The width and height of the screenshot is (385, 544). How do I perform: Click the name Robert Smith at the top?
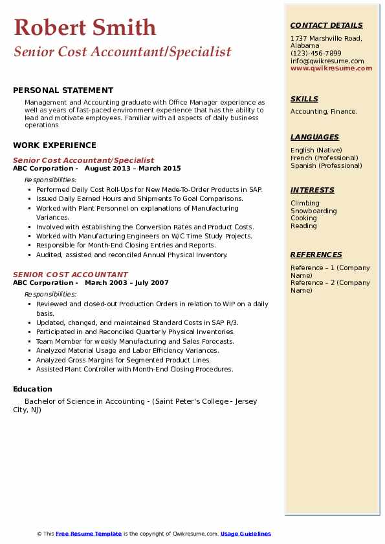coord(85,28)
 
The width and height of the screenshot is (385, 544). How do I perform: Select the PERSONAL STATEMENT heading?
coord(63,90)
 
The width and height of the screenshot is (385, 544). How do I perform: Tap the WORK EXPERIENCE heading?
coord(54,145)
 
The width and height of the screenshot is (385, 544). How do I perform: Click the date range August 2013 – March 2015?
coord(133,168)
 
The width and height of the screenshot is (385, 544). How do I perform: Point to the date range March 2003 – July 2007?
coord(126,282)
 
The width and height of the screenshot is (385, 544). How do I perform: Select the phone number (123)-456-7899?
coord(316,54)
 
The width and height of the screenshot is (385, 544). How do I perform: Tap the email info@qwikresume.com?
coord(327,61)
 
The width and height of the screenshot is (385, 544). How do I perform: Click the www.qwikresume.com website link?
coord(331,68)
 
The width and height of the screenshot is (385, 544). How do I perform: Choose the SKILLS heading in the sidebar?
coord(304,99)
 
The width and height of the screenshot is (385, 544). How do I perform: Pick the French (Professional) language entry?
coord(324,158)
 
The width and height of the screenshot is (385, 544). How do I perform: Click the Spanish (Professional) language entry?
coord(325,166)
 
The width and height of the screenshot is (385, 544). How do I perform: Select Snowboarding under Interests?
coord(313,211)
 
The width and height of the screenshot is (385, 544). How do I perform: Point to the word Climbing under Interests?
coord(305,204)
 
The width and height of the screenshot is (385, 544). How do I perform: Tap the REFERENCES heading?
coord(316,255)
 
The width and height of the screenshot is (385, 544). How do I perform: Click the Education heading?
coord(32,389)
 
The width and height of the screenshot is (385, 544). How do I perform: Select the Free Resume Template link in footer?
coord(89,534)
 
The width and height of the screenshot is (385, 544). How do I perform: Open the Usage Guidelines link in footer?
coord(245,534)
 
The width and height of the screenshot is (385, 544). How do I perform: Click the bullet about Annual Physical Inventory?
coord(132,255)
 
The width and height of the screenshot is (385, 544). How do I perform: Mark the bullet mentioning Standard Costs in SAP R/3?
coord(137,322)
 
